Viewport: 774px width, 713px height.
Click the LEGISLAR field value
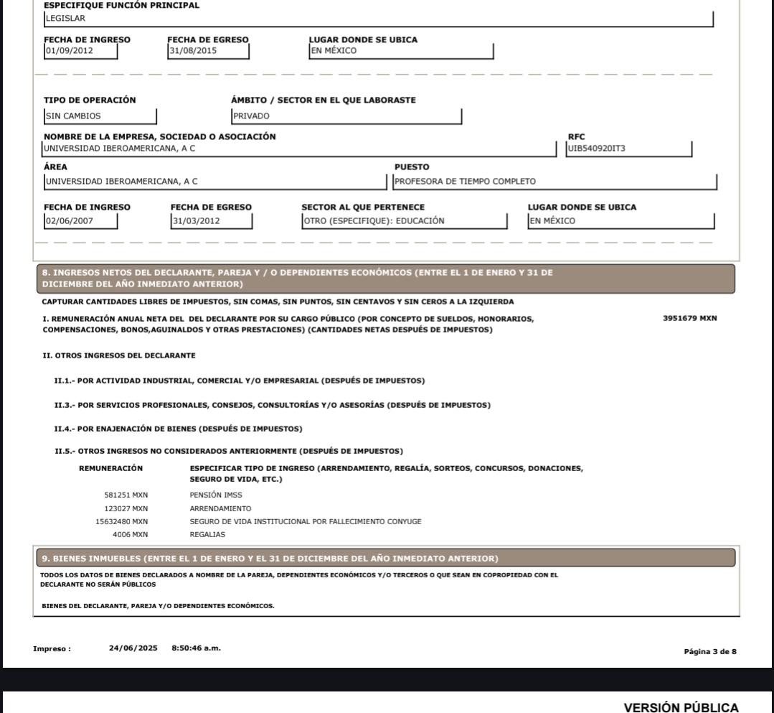coord(65,19)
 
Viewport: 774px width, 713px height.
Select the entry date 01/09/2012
coord(69,51)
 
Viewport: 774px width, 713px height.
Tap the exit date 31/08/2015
coord(193,51)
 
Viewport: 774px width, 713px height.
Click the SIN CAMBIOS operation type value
coord(72,115)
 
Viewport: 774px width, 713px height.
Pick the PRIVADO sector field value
coord(251,115)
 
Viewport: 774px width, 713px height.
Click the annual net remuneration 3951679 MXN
coord(689,318)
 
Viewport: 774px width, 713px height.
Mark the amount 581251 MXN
coord(126,495)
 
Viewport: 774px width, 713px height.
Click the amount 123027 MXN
coord(126,508)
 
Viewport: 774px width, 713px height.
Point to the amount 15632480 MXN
coord(122,521)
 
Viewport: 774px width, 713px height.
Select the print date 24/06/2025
coord(133,648)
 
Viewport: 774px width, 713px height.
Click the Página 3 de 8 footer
coord(711,651)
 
